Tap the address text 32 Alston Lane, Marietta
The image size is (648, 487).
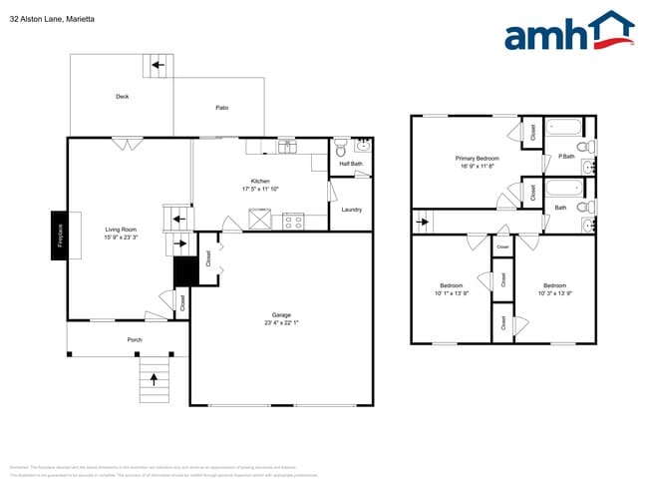pos(49,17)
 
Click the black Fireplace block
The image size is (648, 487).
pos(60,236)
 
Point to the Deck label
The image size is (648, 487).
pos(123,97)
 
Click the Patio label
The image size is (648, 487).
pos(222,108)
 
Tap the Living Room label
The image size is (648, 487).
pos(121,231)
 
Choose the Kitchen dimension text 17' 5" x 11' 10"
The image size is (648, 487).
pos(260,189)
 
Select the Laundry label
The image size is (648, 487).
pos(351,210)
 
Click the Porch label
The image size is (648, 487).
pos(135,340)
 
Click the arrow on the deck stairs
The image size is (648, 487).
pos(157,68)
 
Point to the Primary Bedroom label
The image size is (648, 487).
pos(478,159)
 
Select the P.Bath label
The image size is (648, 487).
pos(567,157)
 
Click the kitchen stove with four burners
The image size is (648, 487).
pos(293,222)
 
